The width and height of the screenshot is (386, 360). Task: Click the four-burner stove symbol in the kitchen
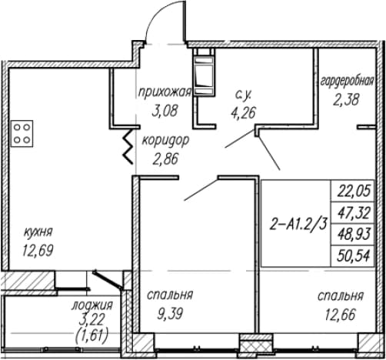pyautogui.click(x=22, y=133)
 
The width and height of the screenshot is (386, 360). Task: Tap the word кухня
pyautogui.click(x=38, y=232)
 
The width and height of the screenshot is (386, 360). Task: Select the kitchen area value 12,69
pyautogui.click(x=38, y=250)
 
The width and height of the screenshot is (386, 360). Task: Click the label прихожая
pyautogui.click(x=165, y=93)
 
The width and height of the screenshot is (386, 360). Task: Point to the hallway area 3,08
pyautogui.click(x=165, y=111)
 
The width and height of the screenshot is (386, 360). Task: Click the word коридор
pyautogui.click(x=165, y=141)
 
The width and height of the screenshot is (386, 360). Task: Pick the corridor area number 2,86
pyautogui.click(x=165, y=159)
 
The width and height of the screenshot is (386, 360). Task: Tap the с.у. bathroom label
pyautogui.click(x=243, y=95)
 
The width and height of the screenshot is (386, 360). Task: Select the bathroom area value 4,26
pyautogui.click(x=243, y=112)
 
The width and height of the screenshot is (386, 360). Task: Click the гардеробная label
pyautogui.click(x=348, y=82)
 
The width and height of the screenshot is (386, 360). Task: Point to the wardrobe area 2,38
pyautogui.click(x=346, y=99)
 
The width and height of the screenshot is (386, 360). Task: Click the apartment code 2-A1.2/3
pyautogui.click(x=298, y=225)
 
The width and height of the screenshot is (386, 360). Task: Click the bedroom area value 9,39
pyautogui.click(x=170, y=313)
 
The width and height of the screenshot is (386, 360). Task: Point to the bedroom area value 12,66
pyautogui.click(x=341, y=315)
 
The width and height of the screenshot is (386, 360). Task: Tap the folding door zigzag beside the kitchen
pyautogui.click(x=128, y=145)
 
